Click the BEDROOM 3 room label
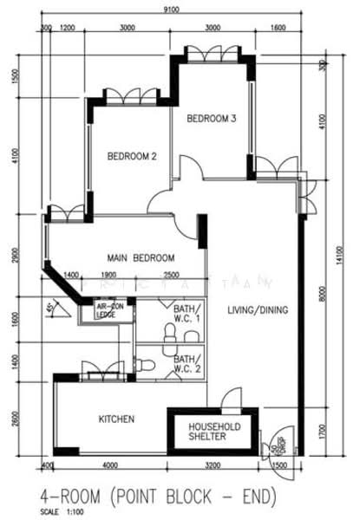click(x=212, y=119)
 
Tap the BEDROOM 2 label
click(x=131, y=157)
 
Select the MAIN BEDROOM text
click(x=141, y=258)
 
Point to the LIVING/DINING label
click(x=258, y=309)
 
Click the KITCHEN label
click(x=116, y=419)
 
